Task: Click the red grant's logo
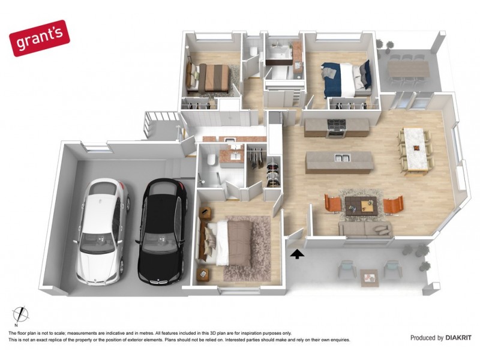tap(39, 37)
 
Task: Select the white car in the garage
tap(103, 231)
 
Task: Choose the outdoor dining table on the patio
tap(408, 70)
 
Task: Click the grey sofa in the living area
tap(365, 229)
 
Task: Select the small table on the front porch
tap(368, 277)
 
